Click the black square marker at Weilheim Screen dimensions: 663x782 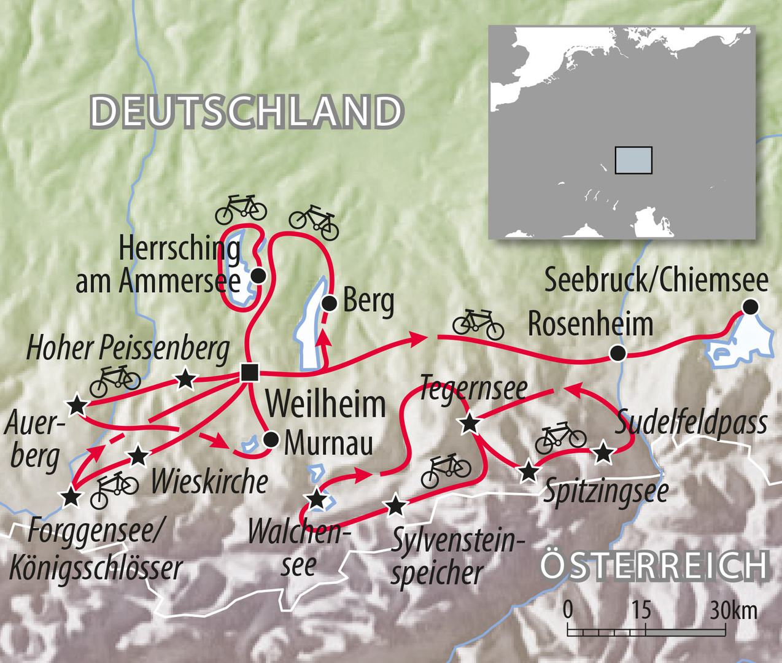click(x=249, y=373)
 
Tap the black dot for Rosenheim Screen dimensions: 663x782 click(x=617, y=353)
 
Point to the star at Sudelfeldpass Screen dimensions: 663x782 click(x=604, y=453)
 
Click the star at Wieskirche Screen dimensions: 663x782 click(x=138, y=456)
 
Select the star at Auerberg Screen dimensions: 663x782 click(x=77, y=405)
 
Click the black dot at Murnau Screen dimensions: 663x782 click(x=270, y=439)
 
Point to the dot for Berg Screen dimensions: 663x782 click(x=330, y=303)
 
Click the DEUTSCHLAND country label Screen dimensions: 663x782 click(x=246, y=111)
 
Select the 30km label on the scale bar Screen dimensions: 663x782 click(x=734, y=611)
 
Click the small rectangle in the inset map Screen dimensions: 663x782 click(x=633, y=160)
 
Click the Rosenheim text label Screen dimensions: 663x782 click(x=590, y=324)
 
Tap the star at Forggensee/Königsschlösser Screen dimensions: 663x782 click(x=72, y=497)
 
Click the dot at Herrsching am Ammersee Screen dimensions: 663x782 click(x=259, y=276)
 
